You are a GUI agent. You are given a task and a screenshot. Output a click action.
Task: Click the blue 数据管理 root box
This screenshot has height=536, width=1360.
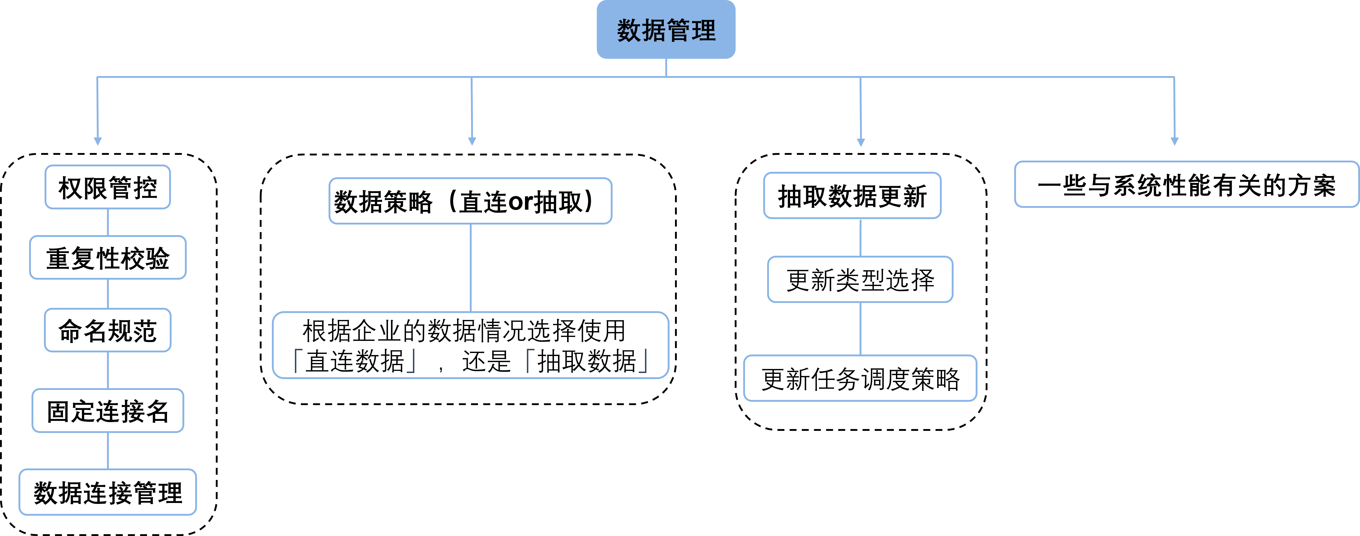666,30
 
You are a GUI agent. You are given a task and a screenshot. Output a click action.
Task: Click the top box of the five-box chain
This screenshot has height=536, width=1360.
108,187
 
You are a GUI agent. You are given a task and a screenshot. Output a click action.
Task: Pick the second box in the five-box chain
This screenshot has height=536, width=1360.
108,258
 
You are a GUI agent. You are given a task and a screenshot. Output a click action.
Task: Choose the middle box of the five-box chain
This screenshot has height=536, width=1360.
108,330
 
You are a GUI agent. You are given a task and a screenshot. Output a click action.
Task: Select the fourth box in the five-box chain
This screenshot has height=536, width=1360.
108,411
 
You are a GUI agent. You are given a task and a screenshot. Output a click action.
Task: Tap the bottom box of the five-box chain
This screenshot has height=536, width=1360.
108,492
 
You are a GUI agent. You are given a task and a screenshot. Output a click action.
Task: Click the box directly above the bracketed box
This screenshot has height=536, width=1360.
470,201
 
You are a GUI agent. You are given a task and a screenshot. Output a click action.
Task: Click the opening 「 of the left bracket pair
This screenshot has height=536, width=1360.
298,360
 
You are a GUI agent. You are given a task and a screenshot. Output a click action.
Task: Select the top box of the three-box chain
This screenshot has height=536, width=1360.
852,195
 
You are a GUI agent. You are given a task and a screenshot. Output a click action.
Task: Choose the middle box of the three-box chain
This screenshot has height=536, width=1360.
860,279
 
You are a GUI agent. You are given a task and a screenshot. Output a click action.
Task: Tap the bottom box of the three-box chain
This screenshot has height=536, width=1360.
860,378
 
